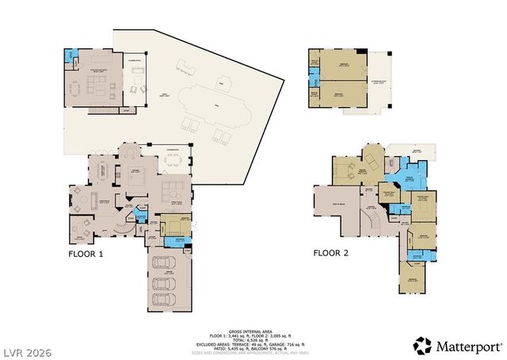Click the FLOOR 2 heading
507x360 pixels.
[331, 254]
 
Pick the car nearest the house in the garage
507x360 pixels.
[166, 263]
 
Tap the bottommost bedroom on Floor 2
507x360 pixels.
[411, 279]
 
